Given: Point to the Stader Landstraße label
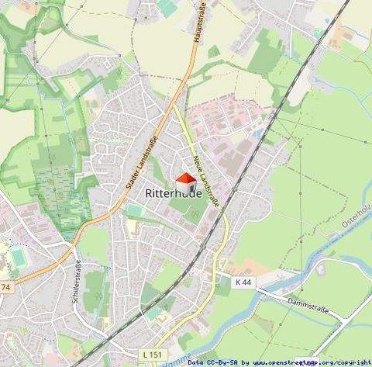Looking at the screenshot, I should point(136,165).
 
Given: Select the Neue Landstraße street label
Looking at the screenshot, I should point(206,178).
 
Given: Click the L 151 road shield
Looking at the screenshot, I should point(153,355).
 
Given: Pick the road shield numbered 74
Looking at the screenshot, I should point(7,287).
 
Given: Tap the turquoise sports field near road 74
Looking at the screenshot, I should point(18,255).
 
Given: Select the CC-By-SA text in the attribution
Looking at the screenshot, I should point(223,362).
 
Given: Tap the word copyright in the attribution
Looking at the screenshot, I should point(355,362).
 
